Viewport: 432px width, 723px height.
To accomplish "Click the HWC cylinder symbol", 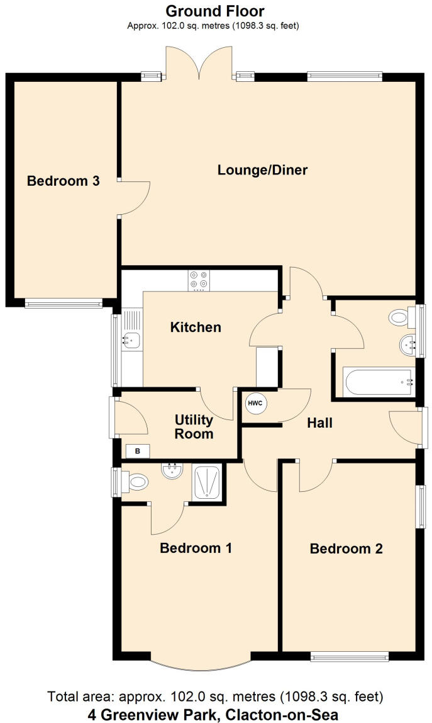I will point(255,404).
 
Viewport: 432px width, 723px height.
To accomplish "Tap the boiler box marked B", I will point(137,450).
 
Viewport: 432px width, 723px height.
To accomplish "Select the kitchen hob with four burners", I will point(199,280).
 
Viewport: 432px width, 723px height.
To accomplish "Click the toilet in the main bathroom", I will point(399,317).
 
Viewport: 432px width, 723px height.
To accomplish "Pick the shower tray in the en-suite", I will point(206,481).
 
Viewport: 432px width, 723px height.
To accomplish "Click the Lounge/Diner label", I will point(262,170).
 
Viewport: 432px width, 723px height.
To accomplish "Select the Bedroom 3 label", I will point(63,181).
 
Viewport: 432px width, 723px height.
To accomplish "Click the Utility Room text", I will point(194,427).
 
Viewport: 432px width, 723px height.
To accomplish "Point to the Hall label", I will point(319,423).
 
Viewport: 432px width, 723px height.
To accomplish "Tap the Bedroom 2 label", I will point(346,549).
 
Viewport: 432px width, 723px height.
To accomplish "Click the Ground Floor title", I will point(215,11).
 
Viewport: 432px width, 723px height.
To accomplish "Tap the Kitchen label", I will point(196,327).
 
